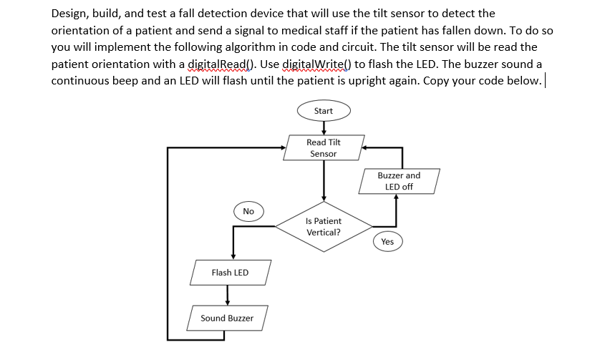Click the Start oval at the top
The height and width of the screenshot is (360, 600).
coord(324,111)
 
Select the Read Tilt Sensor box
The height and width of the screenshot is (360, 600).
coord(324,147)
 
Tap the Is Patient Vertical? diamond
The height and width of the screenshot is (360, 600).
coord(324,227)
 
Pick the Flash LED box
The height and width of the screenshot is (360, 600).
coord(230,273)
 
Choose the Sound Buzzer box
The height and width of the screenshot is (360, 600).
coord(227,318)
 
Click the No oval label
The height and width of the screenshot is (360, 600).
coord(248,211)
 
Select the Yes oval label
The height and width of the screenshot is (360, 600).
coord(387,241)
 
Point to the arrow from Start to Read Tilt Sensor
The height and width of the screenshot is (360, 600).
coord(324,127)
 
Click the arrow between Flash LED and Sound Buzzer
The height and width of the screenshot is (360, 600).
coord(228,294)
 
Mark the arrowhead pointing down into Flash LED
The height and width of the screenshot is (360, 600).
coord(233,256)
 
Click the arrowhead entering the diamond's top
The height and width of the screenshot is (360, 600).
coord(324,198)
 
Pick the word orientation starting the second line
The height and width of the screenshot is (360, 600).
coord(82,30)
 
